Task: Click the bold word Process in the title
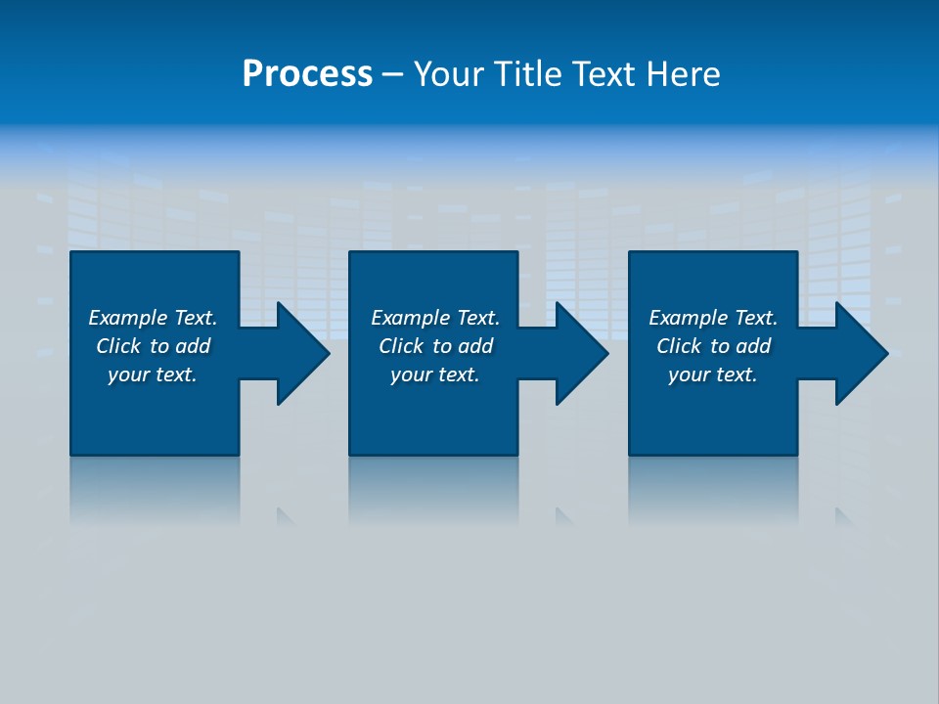pos(307,74)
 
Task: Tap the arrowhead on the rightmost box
pos(860,353)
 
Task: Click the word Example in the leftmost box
pos(127,318)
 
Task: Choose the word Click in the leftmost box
pos(118,346)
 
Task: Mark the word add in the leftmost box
pos(193,346)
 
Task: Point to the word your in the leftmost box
pos(128,375)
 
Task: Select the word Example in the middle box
pos(410,318)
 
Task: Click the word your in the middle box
pos(411,375)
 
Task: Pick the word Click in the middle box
pos(401,346)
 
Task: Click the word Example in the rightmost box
pos(688,318)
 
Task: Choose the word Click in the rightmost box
pos(679,346)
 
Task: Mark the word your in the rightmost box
pos(689,375)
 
